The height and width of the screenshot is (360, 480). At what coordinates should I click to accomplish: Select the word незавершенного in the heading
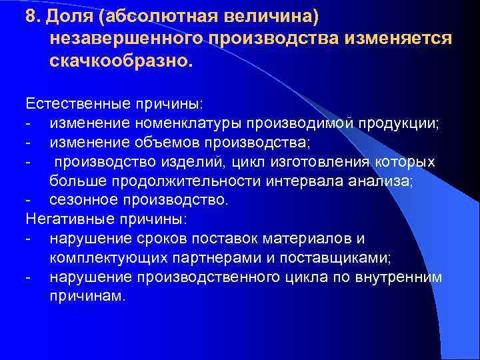[125, 38]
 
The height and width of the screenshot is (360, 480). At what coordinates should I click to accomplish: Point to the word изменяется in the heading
[399, 38]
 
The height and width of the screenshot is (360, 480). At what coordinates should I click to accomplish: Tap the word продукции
[398, 123]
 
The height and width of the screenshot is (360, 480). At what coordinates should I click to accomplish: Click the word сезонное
[82, 200]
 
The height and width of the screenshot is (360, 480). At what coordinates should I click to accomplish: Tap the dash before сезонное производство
[28, 200]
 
